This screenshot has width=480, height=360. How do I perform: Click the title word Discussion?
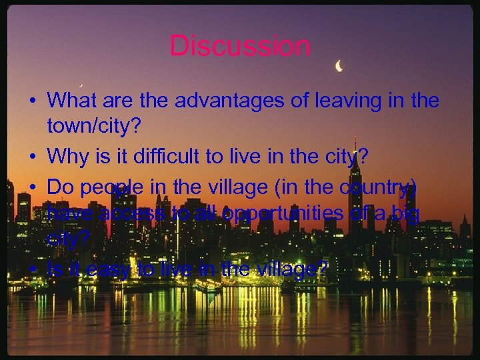(240, 46)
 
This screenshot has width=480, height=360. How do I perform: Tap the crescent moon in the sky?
(339, 66)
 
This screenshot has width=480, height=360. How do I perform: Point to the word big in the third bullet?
(405, 214)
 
